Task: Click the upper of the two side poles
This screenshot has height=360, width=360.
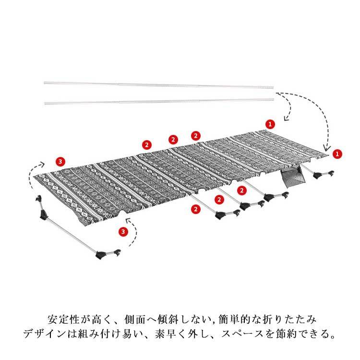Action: point(158,85)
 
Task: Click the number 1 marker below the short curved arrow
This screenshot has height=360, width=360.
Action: point(271,124)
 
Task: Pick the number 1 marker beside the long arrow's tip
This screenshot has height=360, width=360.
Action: point(337,154)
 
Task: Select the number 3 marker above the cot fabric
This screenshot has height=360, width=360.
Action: point(59,161)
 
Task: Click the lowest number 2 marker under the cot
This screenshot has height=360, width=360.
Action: point(195,209)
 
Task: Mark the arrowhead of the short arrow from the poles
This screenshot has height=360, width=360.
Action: point(286,119)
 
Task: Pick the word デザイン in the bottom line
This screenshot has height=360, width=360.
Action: point(39,333)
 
